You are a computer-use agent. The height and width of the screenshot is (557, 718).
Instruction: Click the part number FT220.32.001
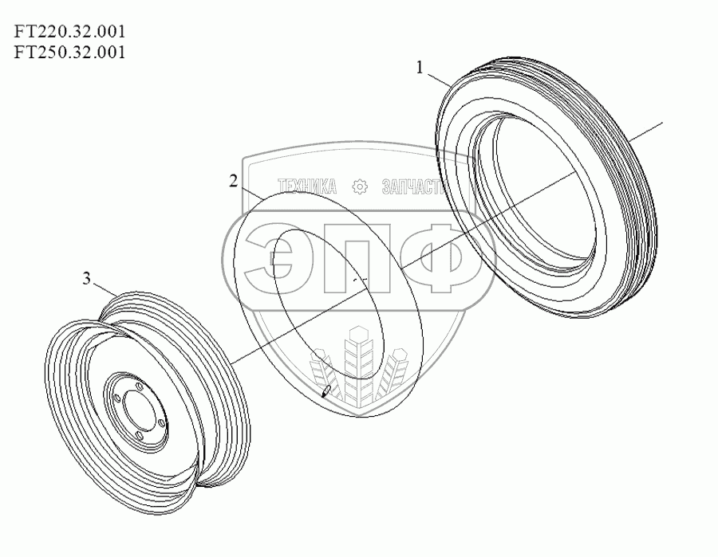(x=70, y=33)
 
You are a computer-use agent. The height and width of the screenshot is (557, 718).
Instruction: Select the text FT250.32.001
(x=70, y=53)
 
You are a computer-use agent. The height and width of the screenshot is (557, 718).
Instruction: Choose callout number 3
(x=87, y=278)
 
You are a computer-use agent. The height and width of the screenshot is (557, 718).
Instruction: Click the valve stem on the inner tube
(x=327, y=390)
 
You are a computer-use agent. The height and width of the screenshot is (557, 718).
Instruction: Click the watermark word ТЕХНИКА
(x=303, y=186)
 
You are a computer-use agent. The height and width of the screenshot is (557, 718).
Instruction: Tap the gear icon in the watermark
(x=359, y=186)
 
